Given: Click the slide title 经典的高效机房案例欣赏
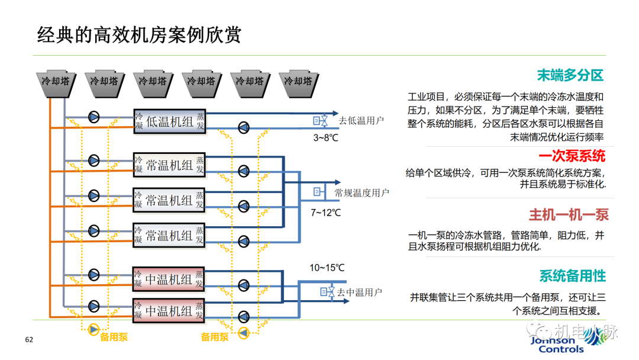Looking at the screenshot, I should tap(139, 35).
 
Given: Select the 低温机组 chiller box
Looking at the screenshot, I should tap(169, 121).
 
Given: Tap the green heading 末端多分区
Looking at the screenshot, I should tap(569, 75).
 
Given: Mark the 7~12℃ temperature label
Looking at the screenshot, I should tap(325, 212).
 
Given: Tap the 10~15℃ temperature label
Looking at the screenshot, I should tap(327, 268).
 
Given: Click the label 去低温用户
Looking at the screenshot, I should tap(362, 121).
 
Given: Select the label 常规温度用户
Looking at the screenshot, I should tap(362, 193).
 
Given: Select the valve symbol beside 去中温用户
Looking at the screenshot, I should tap(324, 292).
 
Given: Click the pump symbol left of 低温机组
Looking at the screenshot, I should tap(94, 116).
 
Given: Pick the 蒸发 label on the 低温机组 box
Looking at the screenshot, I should tap(201, 121).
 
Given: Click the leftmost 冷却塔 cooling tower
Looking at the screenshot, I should tap(57, 82).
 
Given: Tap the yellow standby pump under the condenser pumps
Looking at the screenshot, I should tap(93, 329).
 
